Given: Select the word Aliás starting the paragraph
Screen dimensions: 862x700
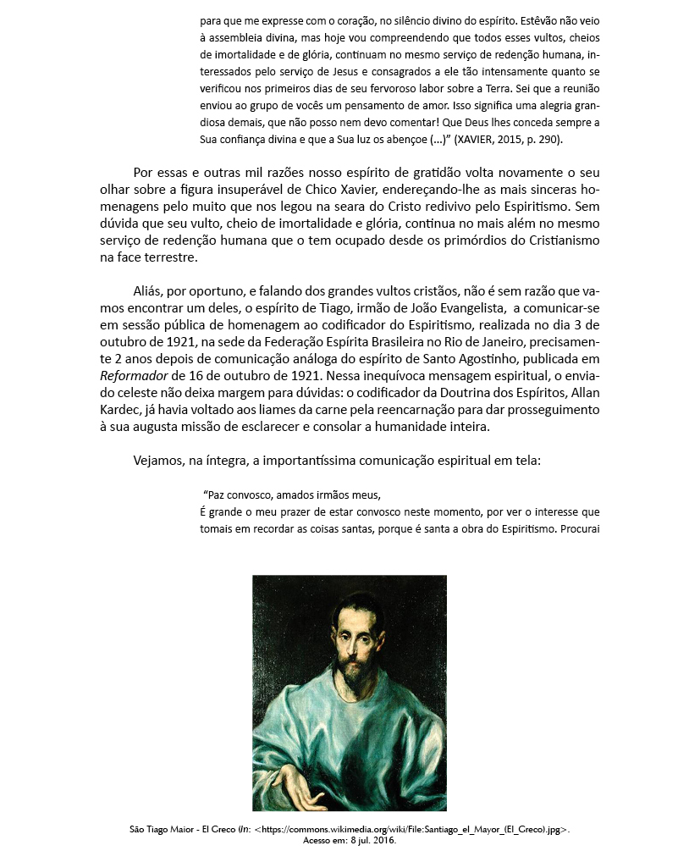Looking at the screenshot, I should click(149, 290).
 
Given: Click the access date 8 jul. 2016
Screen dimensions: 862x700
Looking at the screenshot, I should click(369, 842).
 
